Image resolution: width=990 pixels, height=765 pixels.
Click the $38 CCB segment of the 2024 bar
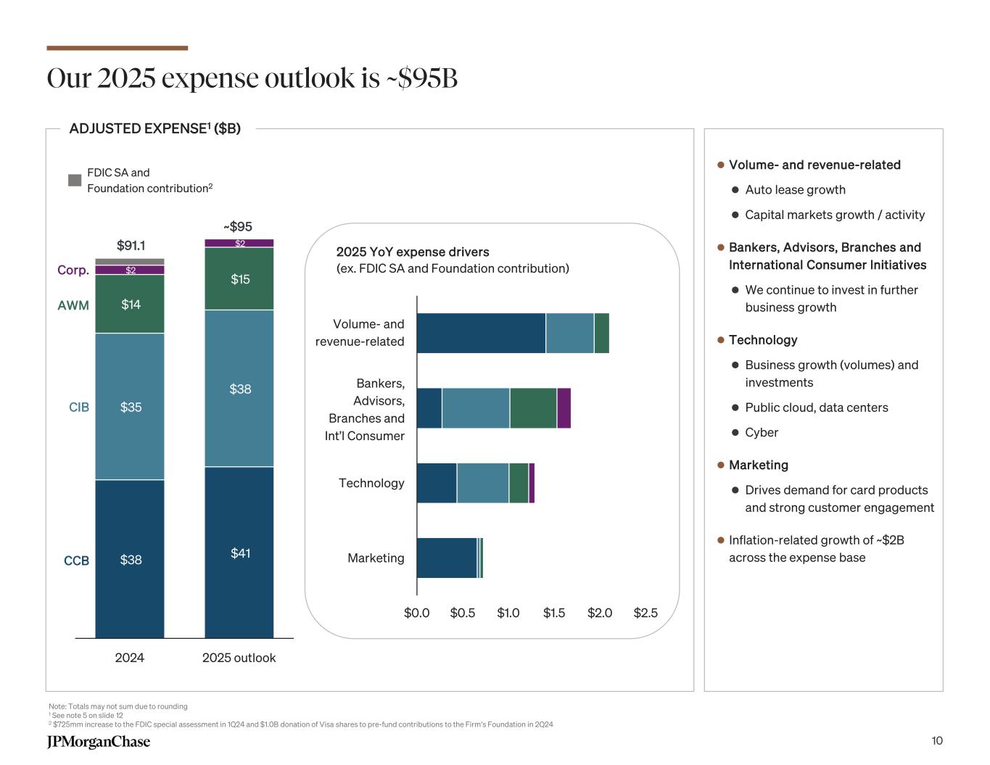[130, 559]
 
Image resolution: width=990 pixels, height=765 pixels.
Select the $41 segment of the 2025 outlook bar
[239, 553]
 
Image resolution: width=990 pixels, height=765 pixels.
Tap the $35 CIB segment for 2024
[130, 407]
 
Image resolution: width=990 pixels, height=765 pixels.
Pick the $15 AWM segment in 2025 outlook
[239, 279]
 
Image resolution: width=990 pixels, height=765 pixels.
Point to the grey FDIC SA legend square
[75, 180]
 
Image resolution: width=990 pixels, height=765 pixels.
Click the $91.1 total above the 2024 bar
[131, 246]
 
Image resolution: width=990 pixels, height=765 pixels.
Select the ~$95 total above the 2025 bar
[237, 226]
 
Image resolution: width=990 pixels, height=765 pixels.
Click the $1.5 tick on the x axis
[554, 613]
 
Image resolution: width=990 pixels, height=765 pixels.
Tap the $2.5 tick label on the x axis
[645, 613]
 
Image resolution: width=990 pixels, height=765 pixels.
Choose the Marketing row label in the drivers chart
[376, 558]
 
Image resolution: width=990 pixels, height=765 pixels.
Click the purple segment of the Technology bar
[532, 483]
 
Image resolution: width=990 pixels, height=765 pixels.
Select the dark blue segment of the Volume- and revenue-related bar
[481, 334]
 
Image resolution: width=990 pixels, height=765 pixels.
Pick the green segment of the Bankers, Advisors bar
[533, 408]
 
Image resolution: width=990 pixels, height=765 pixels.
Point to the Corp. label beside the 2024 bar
[73, 270]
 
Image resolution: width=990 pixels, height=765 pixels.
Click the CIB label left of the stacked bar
[79, 408]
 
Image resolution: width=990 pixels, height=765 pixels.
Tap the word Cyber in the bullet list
[762, 432]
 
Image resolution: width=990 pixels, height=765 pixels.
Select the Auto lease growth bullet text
[795, 190]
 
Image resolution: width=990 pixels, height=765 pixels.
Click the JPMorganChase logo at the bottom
[99, 741]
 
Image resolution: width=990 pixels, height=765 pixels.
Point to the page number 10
[937, 740]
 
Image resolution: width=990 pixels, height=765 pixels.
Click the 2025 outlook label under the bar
[239, 658]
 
